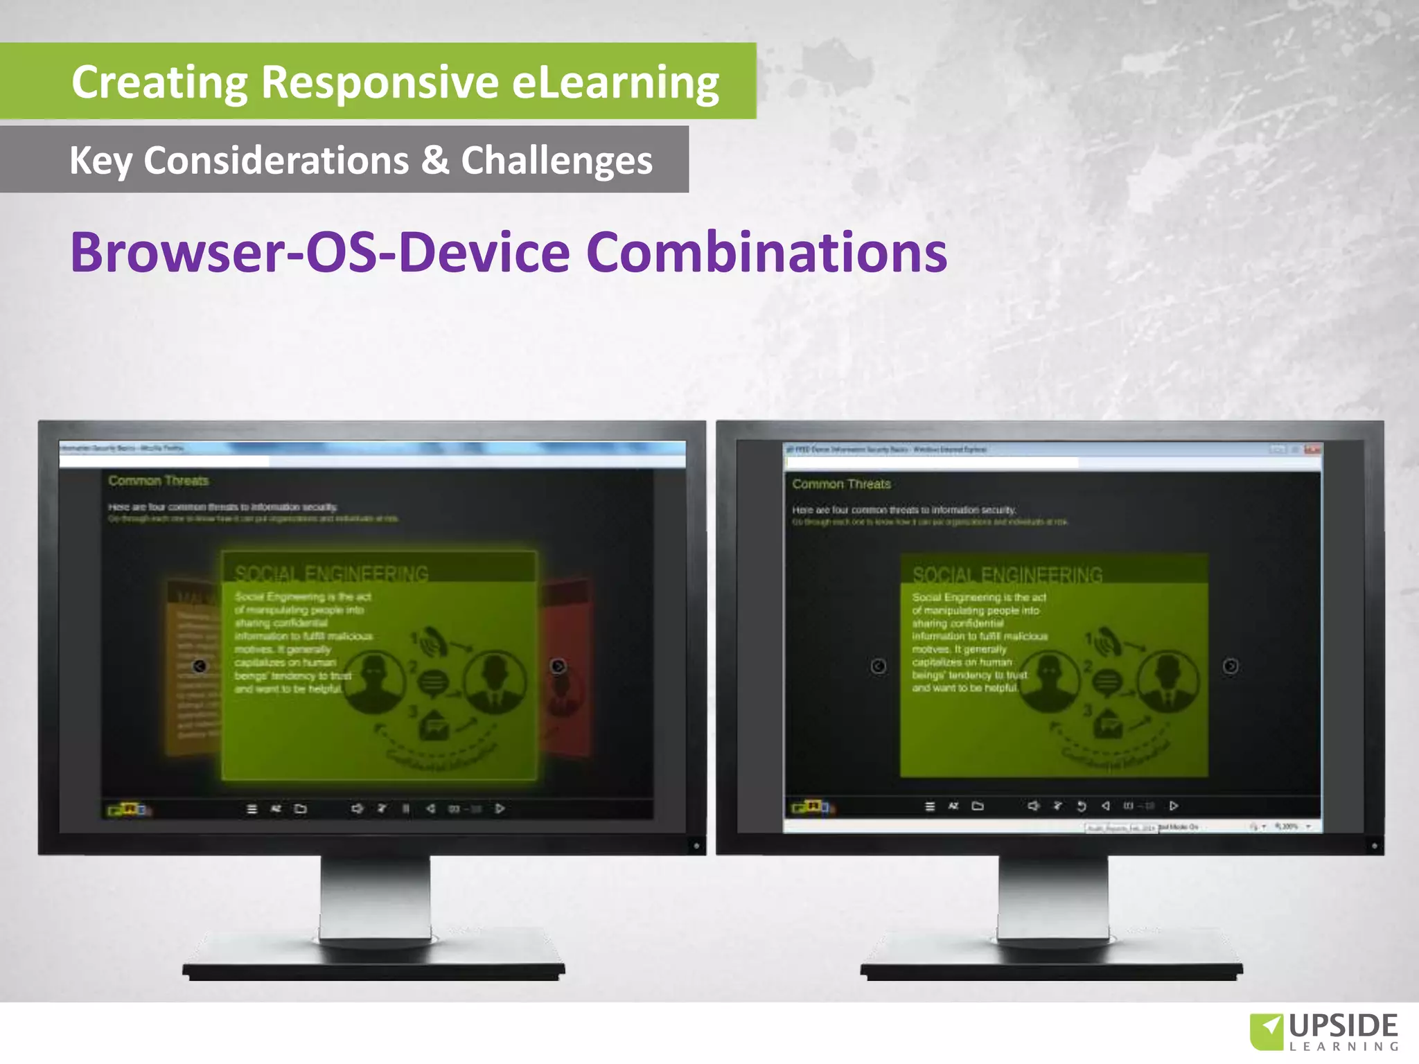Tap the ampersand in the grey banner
(x=435, y=160)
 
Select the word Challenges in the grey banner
(x=556, y=161)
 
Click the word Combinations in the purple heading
(x=766, y=252)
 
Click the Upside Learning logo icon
(x=1267, y=1031)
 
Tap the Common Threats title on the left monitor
(x=158, y=481)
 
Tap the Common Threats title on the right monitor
(x=841, y=484)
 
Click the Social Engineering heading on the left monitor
(x=331, y=574)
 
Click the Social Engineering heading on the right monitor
(x=1007, y=575)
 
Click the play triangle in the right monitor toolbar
(x=1174, y=806)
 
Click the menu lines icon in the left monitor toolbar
(x=252, y=808)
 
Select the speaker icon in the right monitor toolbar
(x=1033, y=806)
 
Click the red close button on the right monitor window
(x=1312, y=450)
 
